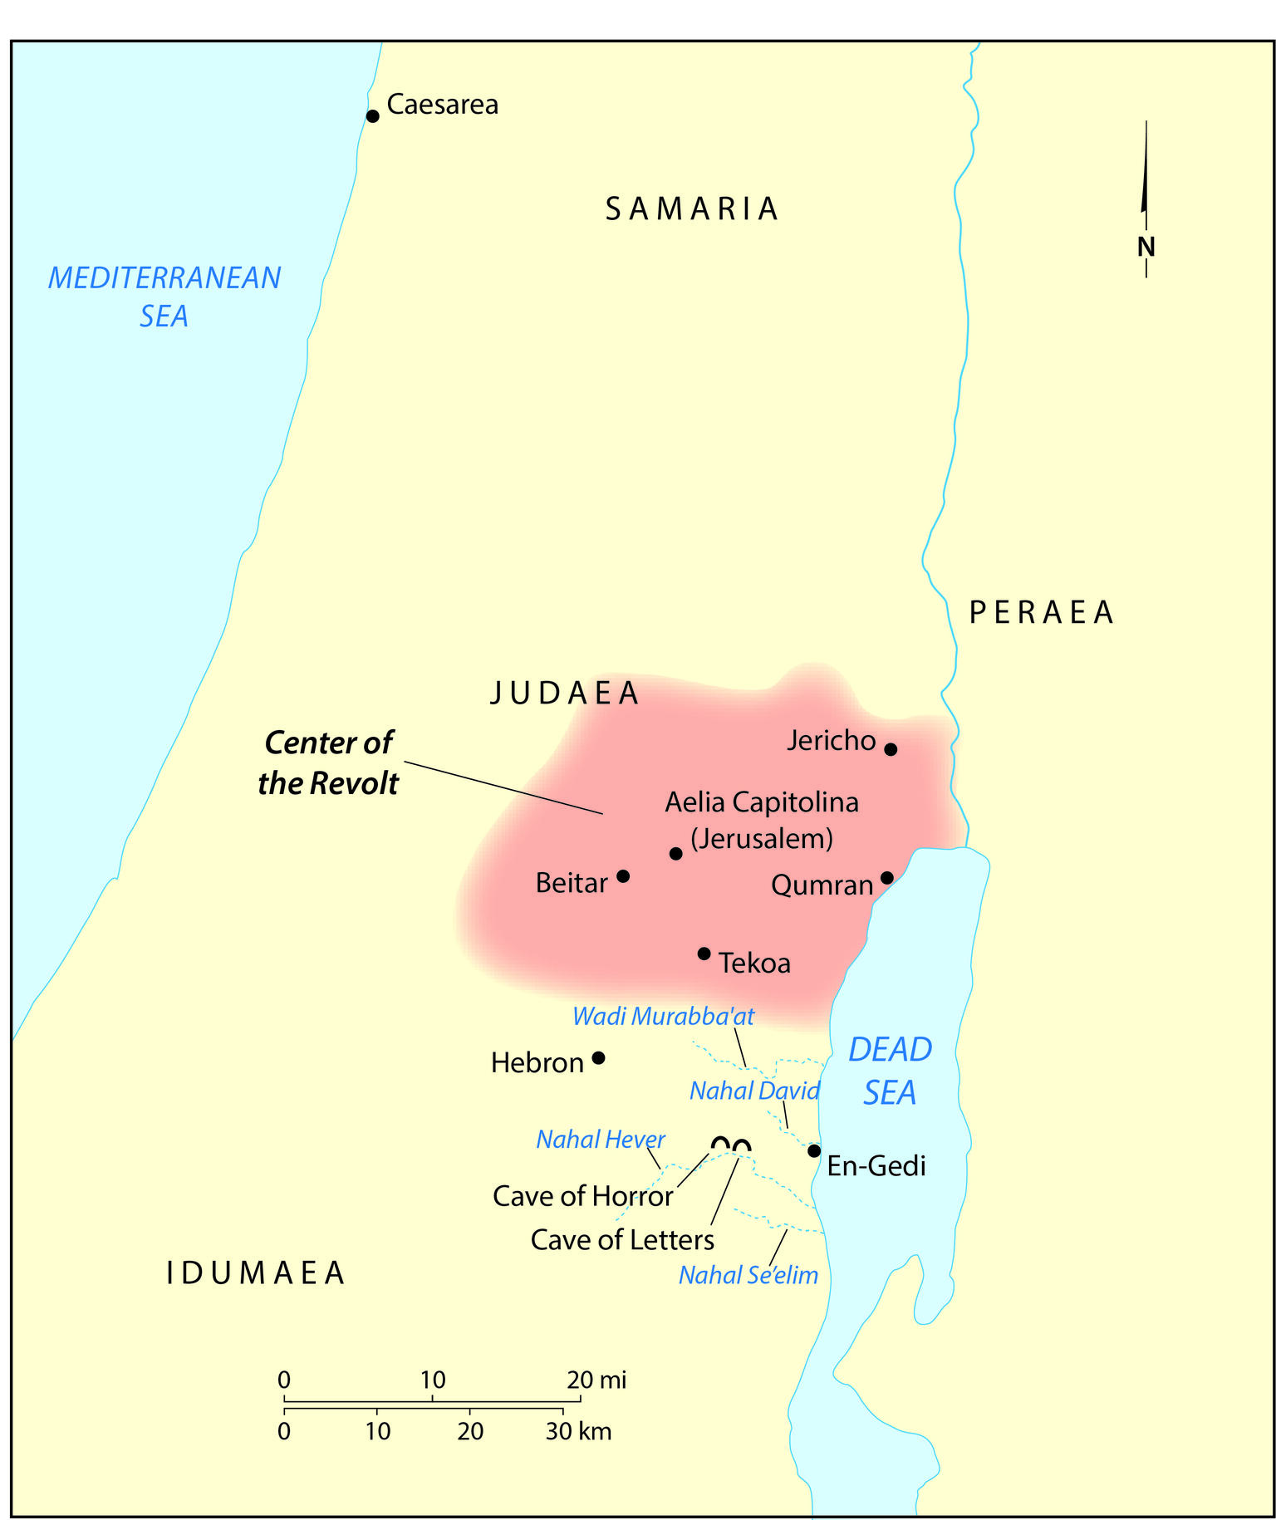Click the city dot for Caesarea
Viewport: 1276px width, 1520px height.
[373, 116]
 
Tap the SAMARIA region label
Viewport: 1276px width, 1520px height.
[691, 208]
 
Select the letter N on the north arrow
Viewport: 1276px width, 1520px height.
[1146, 247]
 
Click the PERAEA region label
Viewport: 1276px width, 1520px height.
[1041, 612]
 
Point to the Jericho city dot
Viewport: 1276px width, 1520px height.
[891, 749]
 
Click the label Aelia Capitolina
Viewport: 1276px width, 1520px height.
[762, 802]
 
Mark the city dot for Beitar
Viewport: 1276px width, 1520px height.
[623, 876]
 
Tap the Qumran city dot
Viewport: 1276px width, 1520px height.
[886, 878]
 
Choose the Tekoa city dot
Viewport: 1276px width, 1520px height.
[704, 953]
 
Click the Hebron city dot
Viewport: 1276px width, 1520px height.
[598, 1058]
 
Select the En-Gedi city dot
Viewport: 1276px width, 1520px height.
[814, 1150]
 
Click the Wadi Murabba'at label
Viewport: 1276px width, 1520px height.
[663, 1016]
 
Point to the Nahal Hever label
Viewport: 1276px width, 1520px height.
[600, 1139]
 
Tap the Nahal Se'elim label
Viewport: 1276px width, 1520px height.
[748, 1275]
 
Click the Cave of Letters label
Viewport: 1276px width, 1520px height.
[622, 1240]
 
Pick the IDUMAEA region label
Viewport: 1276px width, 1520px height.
[255, 1273]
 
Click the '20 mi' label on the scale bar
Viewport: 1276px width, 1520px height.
[596, 1380]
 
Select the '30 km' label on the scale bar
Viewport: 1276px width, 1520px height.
[578, 1431]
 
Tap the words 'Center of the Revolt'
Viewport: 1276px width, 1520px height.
[328, 762]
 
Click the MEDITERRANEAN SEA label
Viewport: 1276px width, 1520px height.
[164, 297]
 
